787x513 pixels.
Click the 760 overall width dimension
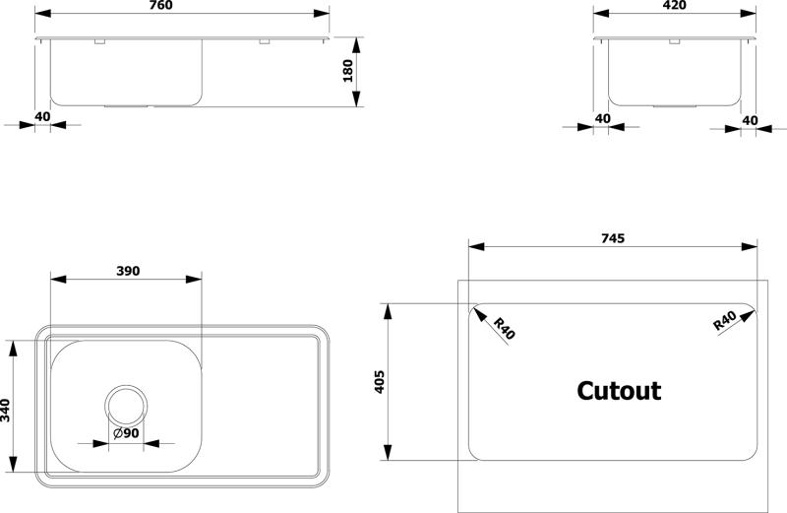click(161, 5)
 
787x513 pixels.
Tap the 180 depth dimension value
click(347, 71)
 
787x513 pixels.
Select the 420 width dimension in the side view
click(674, 5)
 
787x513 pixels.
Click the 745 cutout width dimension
click(613, 238)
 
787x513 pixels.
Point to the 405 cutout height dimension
click(380, 381)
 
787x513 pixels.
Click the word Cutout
click(619, 391)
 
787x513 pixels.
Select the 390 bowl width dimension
click(128, 271)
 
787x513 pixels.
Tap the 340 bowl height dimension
click(5, 411)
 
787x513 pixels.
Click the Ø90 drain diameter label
click(126, 433)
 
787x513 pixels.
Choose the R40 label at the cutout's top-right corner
click(725, 321)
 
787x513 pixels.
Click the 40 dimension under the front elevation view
click(42, 116)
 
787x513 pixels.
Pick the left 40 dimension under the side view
click(602, 118)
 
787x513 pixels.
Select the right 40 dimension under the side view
click(750, 120)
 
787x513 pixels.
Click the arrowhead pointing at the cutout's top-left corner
click(479, 314)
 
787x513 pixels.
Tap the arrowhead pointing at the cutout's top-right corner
click(747, 316)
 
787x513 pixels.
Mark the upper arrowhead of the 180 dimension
click(356, 45)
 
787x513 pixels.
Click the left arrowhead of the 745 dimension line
click(476, 246)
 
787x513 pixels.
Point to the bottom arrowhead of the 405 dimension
click(388, 452)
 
